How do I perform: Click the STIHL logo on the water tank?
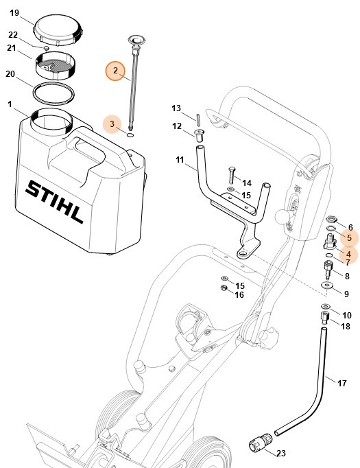[x=55, y=201]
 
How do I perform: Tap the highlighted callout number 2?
[x=115, y=71]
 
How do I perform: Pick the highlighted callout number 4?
[x=349, y=253]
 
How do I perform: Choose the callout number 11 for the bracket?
[x=180, y=160]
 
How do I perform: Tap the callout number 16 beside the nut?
[x=239, y=294]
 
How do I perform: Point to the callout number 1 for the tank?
[x=10, y=104]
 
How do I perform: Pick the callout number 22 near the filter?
[x=12, y=34]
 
